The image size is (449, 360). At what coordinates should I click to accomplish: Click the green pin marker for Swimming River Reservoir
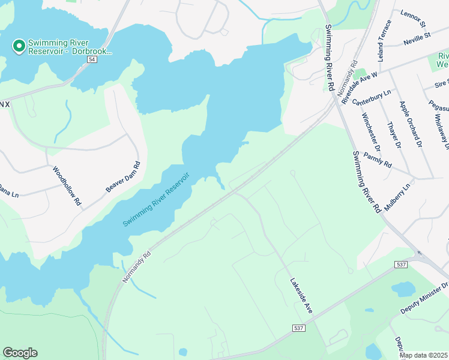(x=19, y=46)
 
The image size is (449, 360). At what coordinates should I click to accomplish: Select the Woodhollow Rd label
(x=67, y=186)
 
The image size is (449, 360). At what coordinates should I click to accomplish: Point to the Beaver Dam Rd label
(x=123, y=177)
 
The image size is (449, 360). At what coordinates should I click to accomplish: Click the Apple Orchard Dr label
(x=411, y=123)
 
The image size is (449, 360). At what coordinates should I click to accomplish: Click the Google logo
(x=20, y=353)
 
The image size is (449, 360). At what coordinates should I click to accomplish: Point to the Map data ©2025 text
(x=423, y=355)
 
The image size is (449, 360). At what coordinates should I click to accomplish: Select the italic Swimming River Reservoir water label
(x=156, y=199)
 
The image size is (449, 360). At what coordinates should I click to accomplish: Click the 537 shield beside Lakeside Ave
(x=299, y=328)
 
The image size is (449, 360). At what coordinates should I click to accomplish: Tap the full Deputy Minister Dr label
(x=424, y=299)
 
